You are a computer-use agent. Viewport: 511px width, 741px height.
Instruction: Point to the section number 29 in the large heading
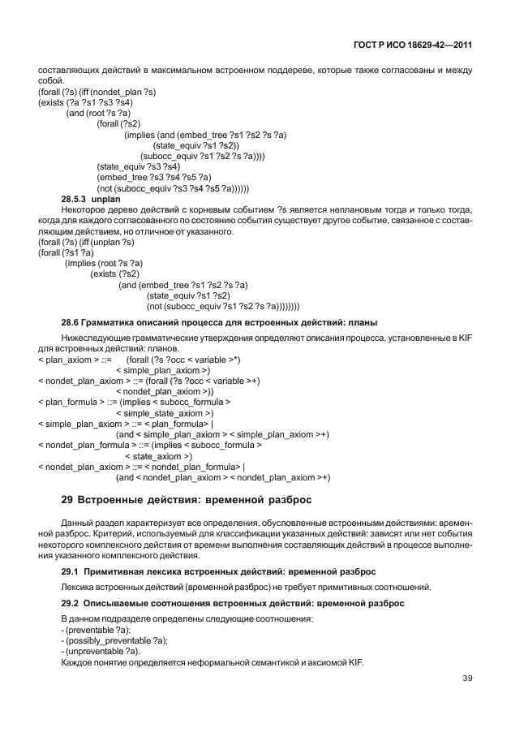point(68,499)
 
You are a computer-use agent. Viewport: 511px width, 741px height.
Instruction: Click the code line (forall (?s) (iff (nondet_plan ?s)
point(97,92)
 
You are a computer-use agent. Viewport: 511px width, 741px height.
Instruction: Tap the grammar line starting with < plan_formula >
point(135,402)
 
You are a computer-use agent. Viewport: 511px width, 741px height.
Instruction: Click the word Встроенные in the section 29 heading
point(123,499)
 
